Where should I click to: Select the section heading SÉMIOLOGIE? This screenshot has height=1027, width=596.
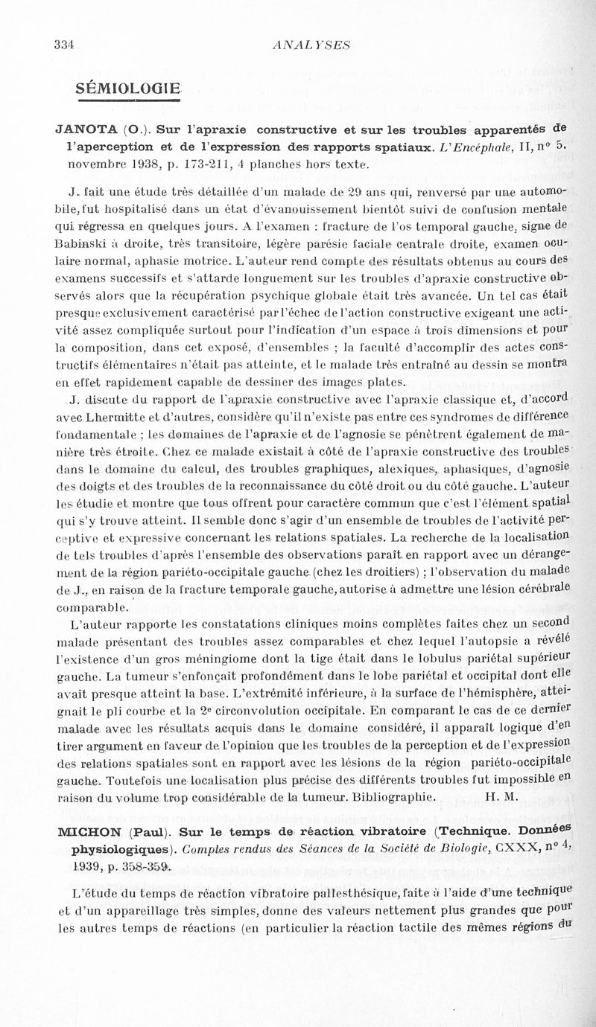click(128, 89)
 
